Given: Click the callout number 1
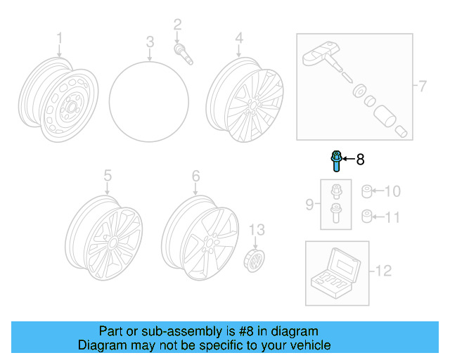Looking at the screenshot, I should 59,37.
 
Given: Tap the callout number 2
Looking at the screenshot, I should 177,25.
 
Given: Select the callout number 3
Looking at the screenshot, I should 150,44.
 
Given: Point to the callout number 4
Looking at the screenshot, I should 239,37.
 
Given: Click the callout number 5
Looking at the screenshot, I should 108,175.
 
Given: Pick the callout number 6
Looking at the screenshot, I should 195,175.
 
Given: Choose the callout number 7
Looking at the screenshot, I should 422,86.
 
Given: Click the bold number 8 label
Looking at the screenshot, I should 360,160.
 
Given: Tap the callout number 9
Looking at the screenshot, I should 309,205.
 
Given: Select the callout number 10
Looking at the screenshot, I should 393,191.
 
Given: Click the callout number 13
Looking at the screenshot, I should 258,230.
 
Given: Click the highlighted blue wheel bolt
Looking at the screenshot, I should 335,161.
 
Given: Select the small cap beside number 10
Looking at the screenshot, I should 366,191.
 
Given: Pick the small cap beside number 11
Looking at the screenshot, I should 366,215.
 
